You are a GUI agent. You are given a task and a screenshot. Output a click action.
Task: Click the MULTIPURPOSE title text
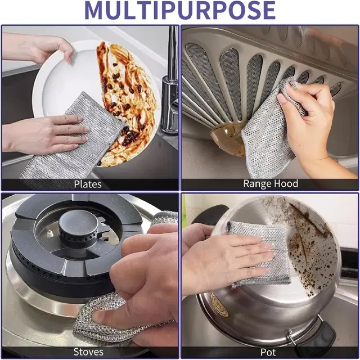coord(180,11)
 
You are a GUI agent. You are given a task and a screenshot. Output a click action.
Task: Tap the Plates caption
coord(88,184)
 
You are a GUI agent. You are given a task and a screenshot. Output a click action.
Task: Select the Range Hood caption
coord(270,184)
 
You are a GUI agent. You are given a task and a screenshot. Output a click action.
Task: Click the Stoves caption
coord(88,352)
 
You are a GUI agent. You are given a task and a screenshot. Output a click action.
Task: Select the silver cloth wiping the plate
coord(67,146)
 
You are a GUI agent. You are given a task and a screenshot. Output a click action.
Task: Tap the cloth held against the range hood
coord(264,135)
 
